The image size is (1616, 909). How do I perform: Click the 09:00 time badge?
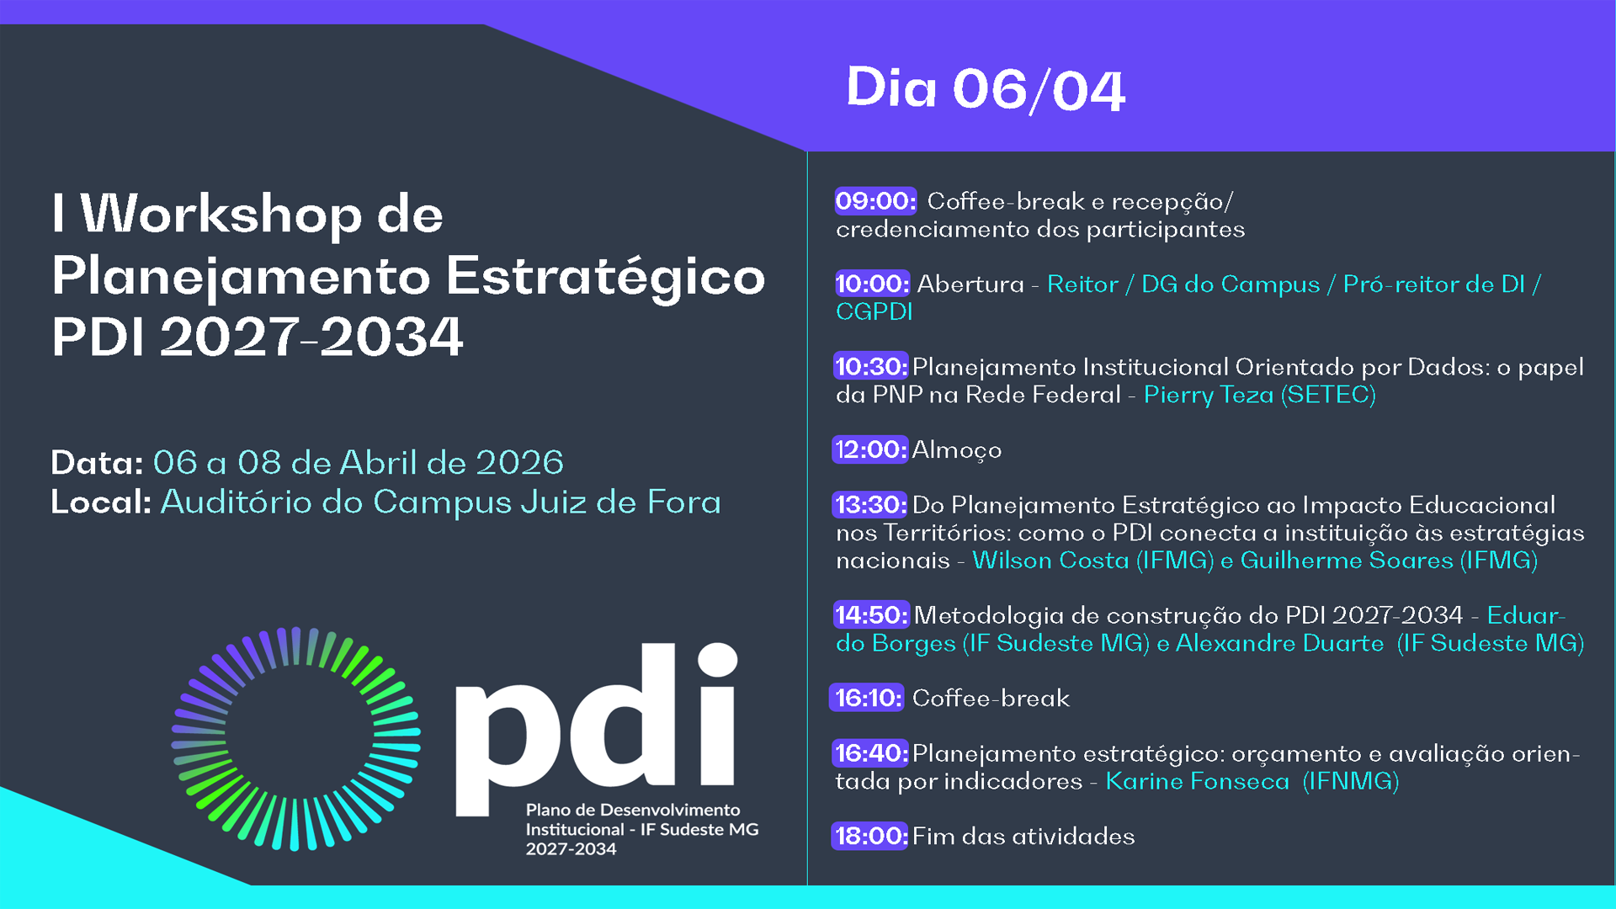[875, 201]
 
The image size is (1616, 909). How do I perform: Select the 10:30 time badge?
[871, 366]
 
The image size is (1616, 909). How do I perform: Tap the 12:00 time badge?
[871, 449]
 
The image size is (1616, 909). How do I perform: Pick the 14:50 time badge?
[871, 614]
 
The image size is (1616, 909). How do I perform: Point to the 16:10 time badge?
[867, 698]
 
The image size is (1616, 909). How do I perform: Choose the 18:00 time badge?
[870, 836]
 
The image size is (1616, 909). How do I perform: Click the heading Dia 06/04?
[986, 88]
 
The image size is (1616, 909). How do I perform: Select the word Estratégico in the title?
[605, 278]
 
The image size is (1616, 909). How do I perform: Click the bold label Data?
[97, 463]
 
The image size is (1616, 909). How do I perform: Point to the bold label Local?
[101, 502]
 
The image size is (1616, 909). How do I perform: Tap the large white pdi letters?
[596, 731]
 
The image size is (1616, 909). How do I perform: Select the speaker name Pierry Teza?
[1209, 395]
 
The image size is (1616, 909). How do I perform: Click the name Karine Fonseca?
[1197, 781]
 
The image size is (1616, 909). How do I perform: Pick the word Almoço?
[957, 450]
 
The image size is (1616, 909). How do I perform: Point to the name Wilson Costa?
[1050, 560]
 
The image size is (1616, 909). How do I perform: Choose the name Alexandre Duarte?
[1279, 643]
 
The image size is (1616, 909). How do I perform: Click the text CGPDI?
[874, 311]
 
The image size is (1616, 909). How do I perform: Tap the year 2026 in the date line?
[519, 463]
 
